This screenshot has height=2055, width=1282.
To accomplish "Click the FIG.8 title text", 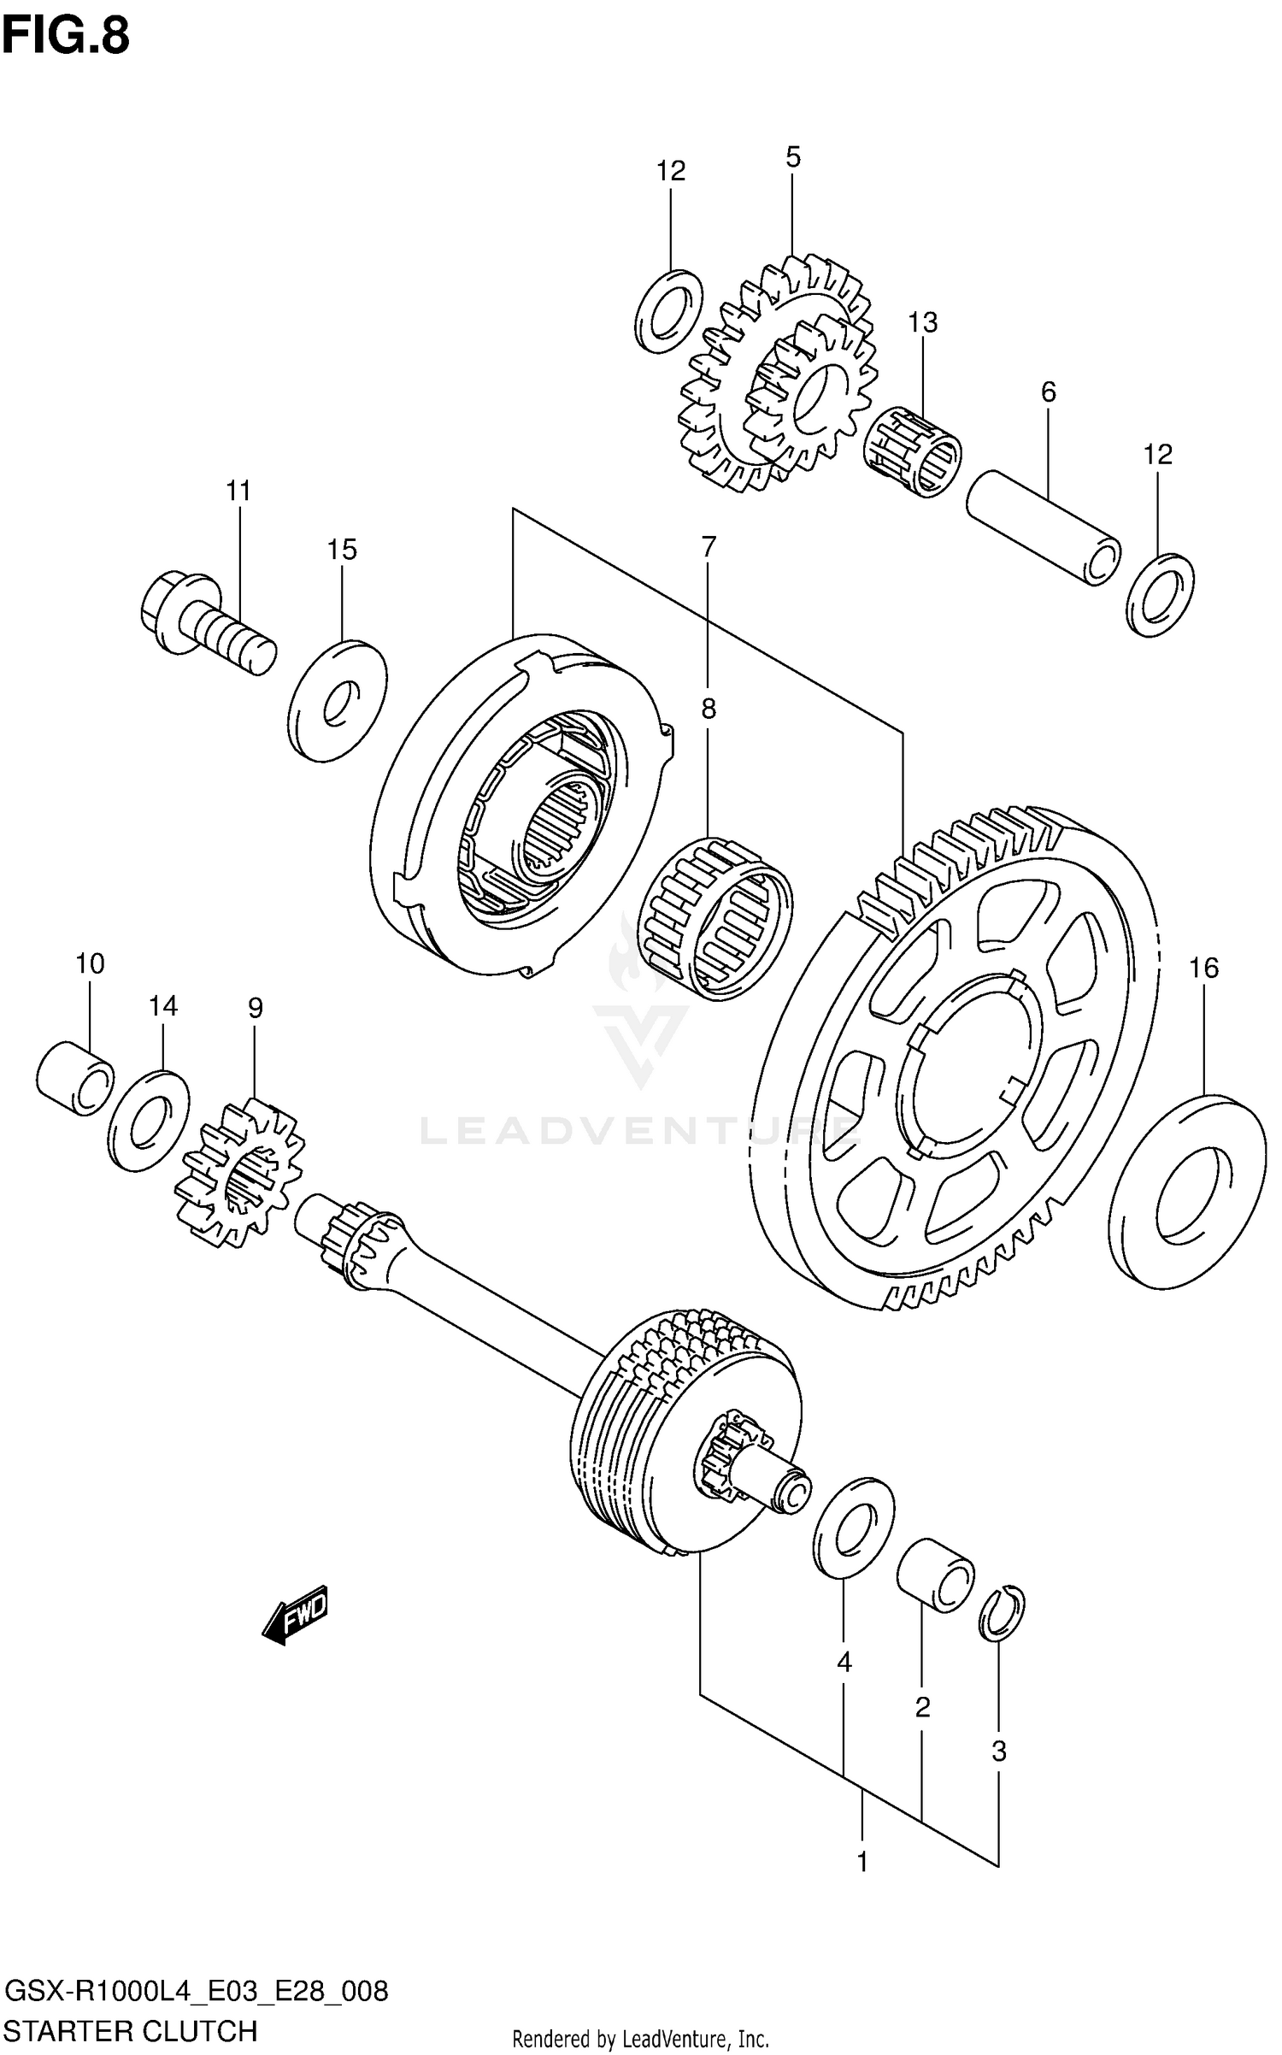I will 66,36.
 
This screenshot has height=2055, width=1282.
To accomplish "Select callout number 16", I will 1203,968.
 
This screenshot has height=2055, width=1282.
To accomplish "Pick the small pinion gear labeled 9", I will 240,1172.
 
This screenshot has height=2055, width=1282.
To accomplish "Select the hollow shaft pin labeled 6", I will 1043,527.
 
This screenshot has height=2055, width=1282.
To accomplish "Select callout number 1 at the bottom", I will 862,1861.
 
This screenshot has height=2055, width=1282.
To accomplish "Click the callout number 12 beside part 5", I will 671,172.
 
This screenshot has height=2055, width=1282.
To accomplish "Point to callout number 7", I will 709,547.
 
